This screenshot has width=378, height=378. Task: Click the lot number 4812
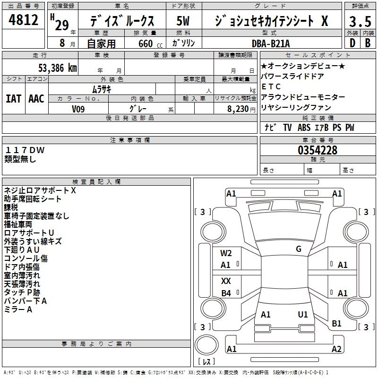coord(24,20)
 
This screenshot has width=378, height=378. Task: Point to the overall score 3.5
coord(360,21)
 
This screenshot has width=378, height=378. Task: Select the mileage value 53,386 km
coord(54,68)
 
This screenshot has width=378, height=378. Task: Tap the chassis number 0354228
coord(318,151)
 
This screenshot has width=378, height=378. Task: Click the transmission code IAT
coord(14,99)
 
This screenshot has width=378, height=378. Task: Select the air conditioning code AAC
coord(36,99)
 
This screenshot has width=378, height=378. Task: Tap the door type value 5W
coord(183,21)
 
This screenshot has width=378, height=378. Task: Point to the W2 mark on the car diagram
coord(226,253)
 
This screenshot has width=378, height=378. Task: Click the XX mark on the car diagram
coord(226,281)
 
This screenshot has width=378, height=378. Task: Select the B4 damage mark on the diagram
coord(226,293)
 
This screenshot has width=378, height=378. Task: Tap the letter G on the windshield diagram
coord(299,249)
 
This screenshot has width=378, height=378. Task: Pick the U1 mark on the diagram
coord(303,314)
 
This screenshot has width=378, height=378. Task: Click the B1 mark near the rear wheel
coord(336,324)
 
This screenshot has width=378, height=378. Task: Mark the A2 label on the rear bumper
coord(336,349)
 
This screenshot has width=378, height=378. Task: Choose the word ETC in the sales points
coord(271,86)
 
